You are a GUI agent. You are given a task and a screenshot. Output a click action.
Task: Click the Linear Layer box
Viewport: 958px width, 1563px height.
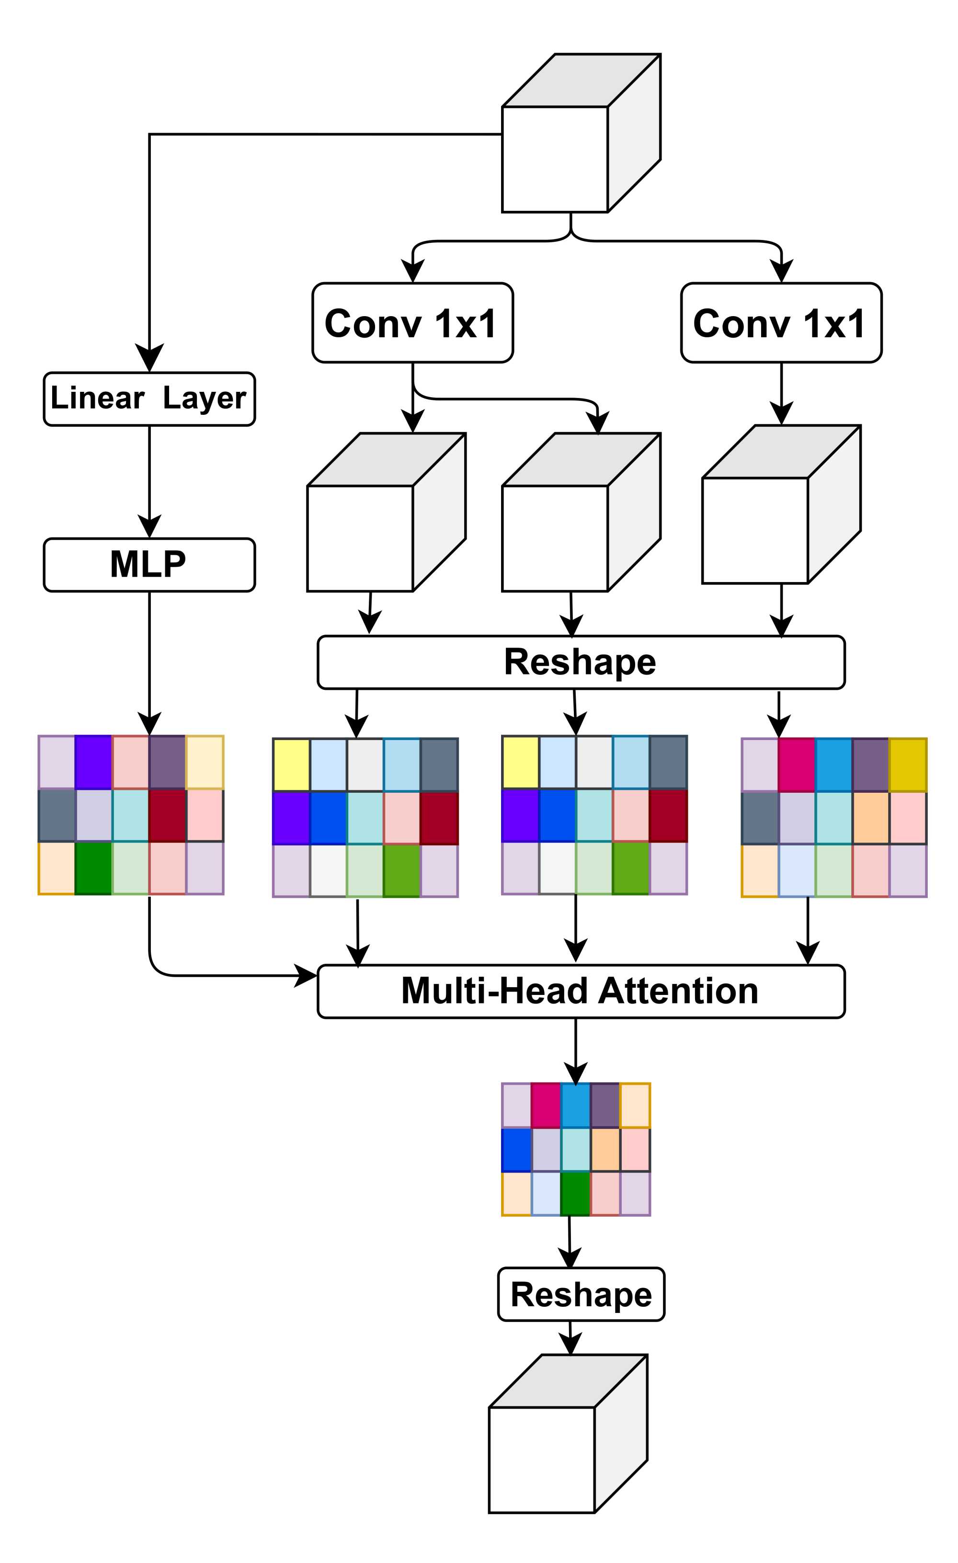pos(149,399)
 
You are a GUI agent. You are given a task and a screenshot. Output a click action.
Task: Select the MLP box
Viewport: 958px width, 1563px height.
pos(149,565)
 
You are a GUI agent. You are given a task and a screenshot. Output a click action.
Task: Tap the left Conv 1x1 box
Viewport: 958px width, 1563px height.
pos(412,323)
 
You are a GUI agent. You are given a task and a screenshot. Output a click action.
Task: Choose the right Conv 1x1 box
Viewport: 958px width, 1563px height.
pos(781,323)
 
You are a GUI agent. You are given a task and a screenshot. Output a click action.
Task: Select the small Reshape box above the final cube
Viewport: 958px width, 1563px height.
pos(581,1294)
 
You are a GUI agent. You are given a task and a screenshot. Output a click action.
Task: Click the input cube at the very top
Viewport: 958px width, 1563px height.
pos(555,159)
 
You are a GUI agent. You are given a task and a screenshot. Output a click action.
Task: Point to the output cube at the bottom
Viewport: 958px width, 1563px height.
pos(542,1459)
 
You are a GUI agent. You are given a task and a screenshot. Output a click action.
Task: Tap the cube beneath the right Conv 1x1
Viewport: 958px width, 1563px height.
pos(755,530)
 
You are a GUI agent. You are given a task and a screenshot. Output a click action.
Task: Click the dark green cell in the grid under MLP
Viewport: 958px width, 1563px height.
pos(93,868)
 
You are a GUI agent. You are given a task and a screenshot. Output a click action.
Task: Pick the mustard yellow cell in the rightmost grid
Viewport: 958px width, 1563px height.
pos(908,764)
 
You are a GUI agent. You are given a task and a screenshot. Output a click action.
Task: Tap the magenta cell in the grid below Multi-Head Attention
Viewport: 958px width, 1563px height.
pos(546,1105)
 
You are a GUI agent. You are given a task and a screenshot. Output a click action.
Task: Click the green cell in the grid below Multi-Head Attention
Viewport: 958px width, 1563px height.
pos(575,1193)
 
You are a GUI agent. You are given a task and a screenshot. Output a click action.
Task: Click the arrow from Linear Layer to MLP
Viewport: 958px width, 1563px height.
pos(149,482)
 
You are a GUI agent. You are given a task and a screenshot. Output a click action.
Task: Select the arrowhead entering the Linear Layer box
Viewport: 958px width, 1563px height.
pos(149,358)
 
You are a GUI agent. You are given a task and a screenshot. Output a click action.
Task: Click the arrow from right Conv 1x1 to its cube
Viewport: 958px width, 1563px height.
pos(781,393)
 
